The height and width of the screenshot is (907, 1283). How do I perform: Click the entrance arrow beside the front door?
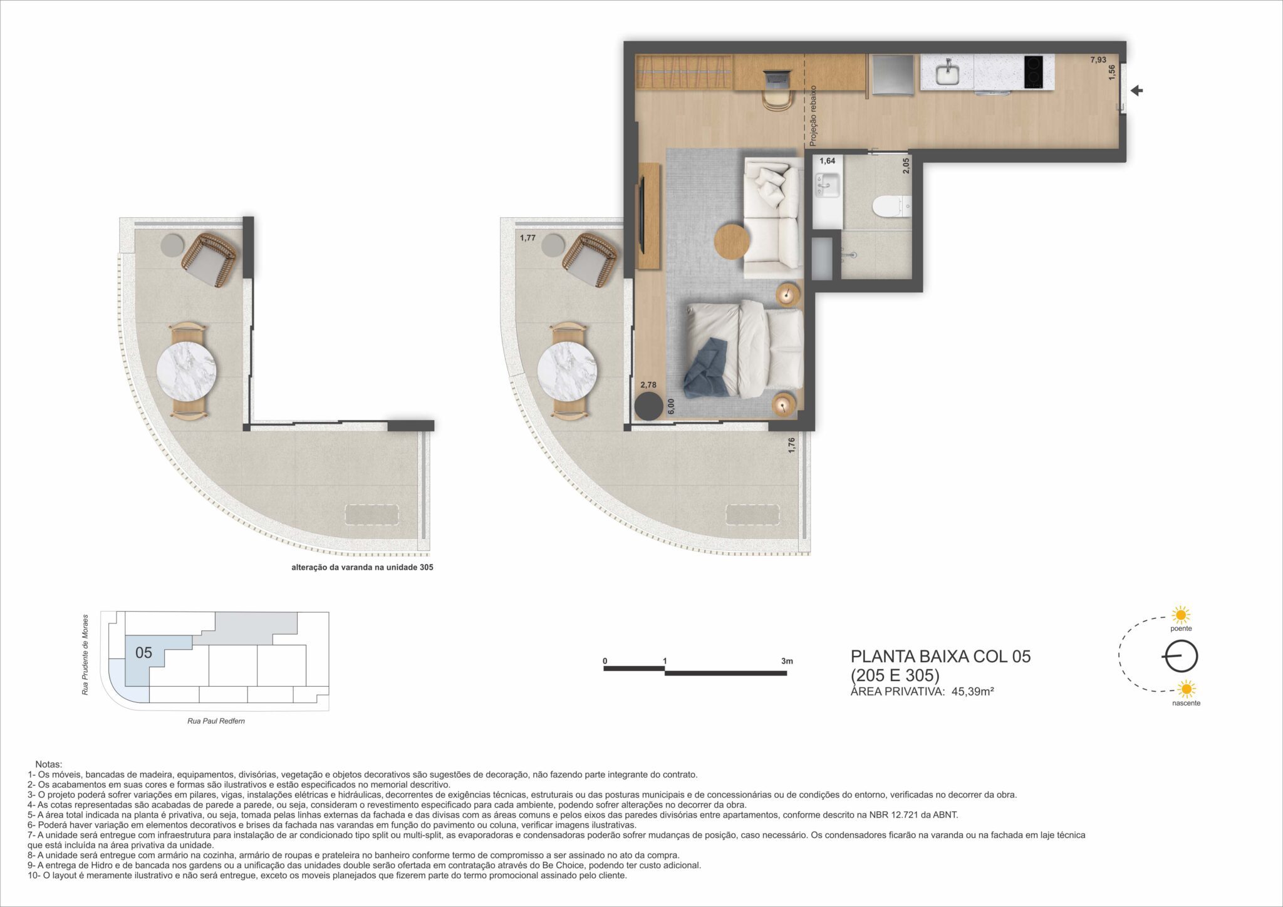1136,91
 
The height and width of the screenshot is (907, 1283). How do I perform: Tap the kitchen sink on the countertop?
947,73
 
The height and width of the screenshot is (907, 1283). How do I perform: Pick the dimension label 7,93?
1098,60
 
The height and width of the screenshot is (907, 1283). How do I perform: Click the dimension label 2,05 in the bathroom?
906,166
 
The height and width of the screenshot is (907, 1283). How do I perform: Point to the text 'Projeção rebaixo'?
813,115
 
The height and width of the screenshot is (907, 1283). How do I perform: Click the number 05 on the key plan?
143,653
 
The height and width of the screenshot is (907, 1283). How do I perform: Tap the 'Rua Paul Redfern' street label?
216,721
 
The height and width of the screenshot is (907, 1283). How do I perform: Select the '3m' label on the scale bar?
787,661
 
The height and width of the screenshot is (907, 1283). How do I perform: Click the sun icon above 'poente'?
1181,615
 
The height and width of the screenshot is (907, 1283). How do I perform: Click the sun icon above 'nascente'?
1186,690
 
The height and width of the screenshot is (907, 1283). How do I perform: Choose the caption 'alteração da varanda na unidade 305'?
362,568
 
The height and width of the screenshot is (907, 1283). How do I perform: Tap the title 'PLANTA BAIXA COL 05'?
940,657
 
